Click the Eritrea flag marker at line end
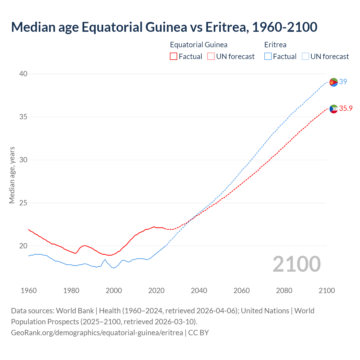click(x=334, y=82)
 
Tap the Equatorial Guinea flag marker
click(x=334, y=109)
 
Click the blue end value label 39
click(x=343, y=82)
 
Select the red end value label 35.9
click(x=346, y=108)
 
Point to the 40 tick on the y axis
click(x=23, y=74)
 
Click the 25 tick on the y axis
click(x=23, y=203)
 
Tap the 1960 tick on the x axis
click(x=29, y=291)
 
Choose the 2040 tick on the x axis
click(x=199, y=291)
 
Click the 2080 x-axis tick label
click(x=284, y=291)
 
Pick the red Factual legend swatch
click(x=174, y=57)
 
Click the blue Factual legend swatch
click(x=268, y=57)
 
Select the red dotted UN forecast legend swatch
click(x=211, y=57)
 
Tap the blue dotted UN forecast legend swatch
click(x=305, y=57)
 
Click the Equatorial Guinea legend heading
click(x=199, y=45)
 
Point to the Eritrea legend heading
click(x=275, y=45)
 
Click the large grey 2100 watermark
click(x=297, y=264)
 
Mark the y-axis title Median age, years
click(x=12, y=175)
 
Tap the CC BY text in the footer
click(x=199, y=332)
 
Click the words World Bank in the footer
click(x=75, y=310)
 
